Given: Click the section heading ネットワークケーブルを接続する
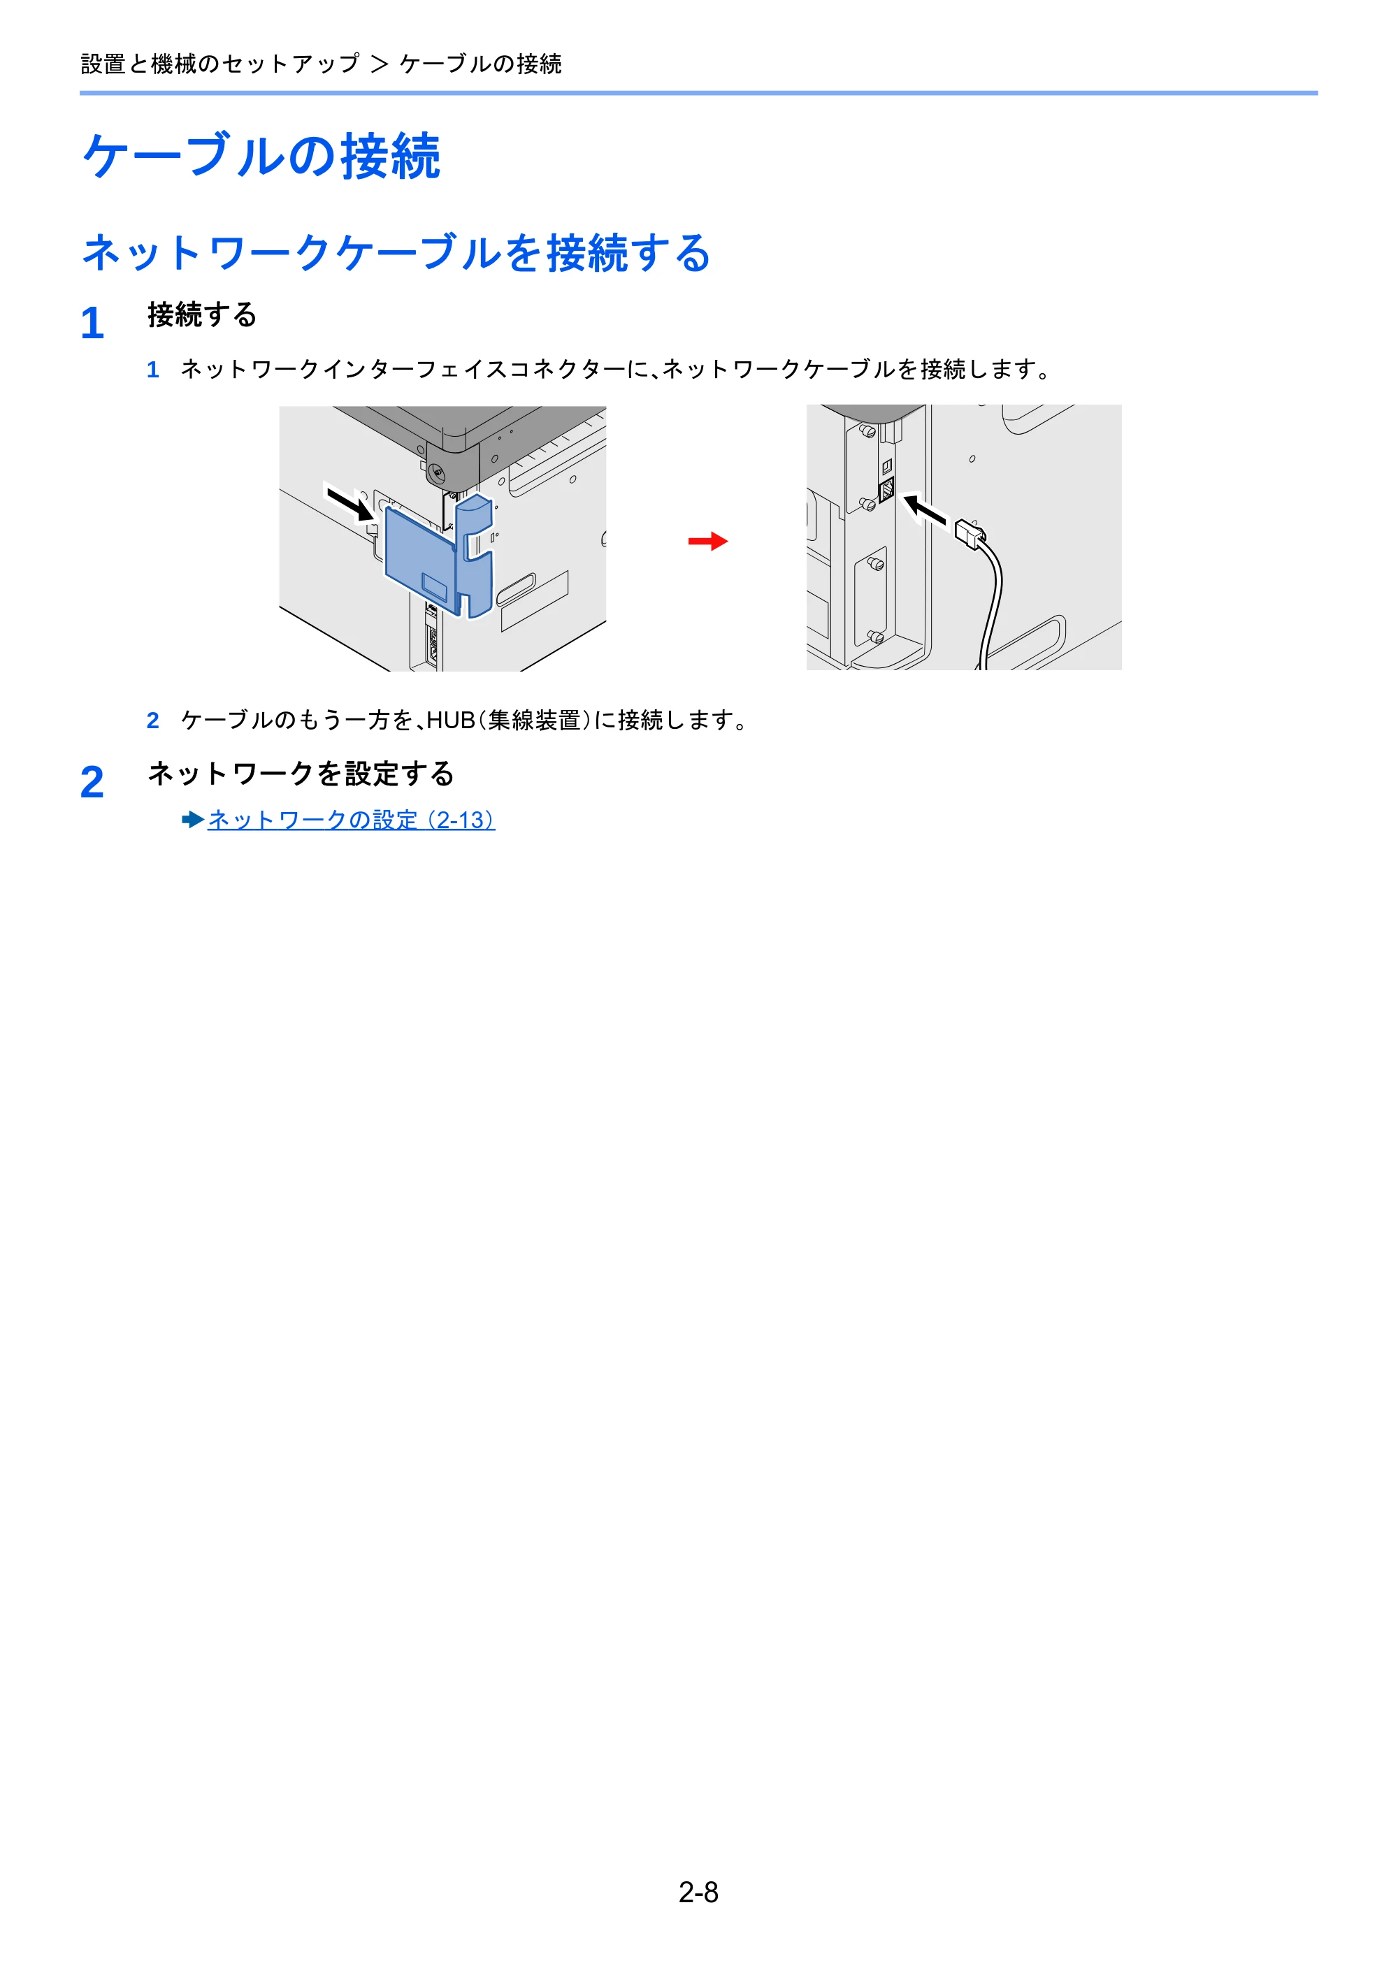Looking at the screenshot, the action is [x=396, y=253].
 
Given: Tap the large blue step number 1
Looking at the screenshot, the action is [x=92, y=324].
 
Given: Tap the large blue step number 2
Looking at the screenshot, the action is [x=92, y=783].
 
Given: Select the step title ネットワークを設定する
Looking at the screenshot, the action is [x=301, y=774].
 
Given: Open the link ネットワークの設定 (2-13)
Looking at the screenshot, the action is [x=352, y=820].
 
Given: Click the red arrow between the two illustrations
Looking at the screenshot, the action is [x=708, y=542].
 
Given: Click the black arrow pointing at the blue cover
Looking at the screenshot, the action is [x=349, y=502].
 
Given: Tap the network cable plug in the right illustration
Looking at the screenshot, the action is [x=971, y=535].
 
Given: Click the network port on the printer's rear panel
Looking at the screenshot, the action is [x=886, y=493].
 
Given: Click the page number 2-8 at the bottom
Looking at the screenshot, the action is [x=698, y=1892].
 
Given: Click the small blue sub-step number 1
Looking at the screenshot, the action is [x=152, y=370].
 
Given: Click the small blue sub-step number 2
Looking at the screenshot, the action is [x=152, y=720].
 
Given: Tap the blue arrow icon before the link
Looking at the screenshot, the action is [x=193, y=820].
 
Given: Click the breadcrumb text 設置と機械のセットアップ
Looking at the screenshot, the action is [x=220, y=64].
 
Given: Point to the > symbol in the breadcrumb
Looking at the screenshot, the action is [x=380, y=64].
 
